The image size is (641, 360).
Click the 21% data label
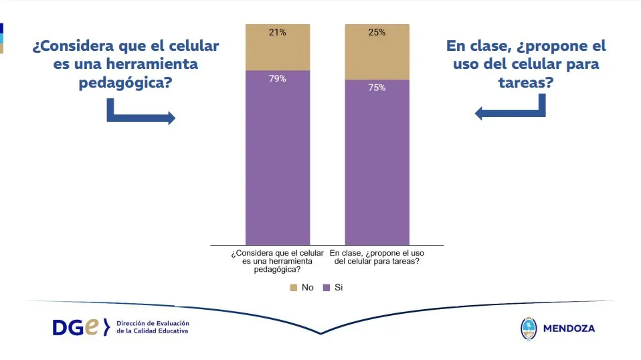[278, 32]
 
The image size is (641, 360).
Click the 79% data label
[278, 79]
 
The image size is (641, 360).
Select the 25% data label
[377, 32]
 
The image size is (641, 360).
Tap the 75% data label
[377, 88]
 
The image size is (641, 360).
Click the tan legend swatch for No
[293, 287]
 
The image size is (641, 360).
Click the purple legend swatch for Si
[327, 287]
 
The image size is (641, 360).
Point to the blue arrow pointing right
[141, 114]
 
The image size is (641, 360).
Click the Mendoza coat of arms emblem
[529, 329]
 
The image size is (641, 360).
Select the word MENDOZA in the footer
[569, 329]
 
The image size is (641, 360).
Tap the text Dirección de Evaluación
[153, 323]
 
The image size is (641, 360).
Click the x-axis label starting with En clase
[377, 258]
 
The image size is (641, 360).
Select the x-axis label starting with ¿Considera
[277, 261]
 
